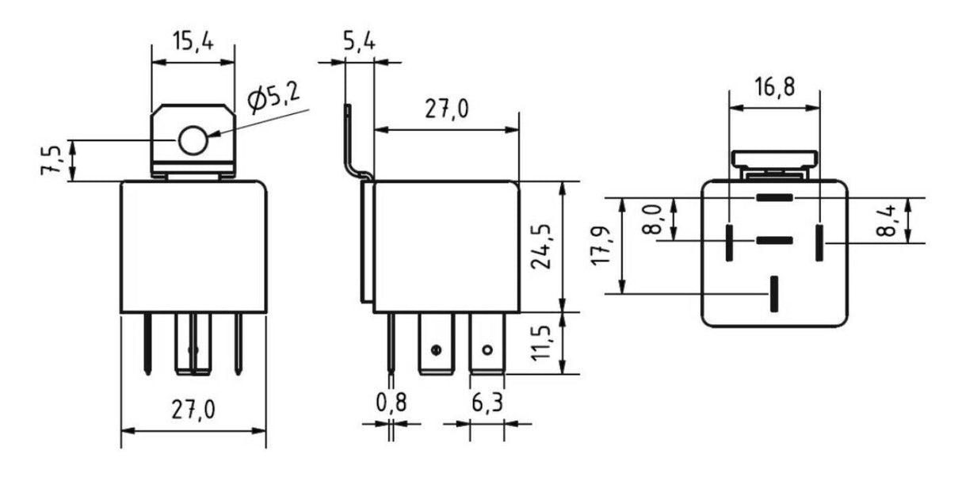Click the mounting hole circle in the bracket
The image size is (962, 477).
pos(193,141)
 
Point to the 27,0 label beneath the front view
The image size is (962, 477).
pos(193,410)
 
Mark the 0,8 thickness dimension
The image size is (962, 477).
pos(391,403)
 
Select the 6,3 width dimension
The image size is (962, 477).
pos(486,403)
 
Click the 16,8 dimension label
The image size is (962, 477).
pos(774,87)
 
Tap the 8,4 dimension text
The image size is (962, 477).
pos(888,219)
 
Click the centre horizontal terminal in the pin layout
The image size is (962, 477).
pos(774,240)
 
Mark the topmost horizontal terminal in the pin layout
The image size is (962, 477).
pos(774,197)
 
